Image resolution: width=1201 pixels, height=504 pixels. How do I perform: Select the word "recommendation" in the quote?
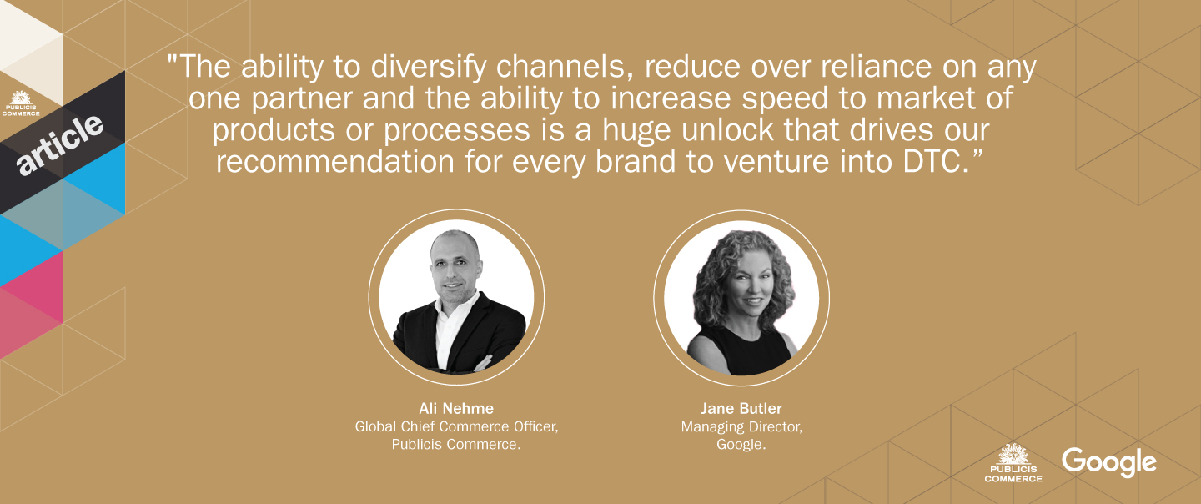pos(335,162)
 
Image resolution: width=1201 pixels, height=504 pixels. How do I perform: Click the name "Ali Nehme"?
pos(456,409)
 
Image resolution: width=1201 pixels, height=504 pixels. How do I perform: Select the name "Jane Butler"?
pos(741,409)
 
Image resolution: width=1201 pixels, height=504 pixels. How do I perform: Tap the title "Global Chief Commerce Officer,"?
pos(456,426)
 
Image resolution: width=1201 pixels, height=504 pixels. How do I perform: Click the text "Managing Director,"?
pos(741,426)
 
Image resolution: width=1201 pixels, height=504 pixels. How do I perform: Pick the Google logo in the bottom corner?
pos(1108,463)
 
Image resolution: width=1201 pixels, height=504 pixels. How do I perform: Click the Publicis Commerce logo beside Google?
pos(1013,463)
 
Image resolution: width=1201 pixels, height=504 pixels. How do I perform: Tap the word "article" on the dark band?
pos(60,144)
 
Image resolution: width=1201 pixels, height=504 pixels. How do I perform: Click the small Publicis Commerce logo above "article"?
pos(21,103)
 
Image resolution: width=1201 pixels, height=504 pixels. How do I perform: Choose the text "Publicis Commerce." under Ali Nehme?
pos(456,445)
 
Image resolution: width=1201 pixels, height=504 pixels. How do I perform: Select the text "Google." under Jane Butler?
pos(741,445)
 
